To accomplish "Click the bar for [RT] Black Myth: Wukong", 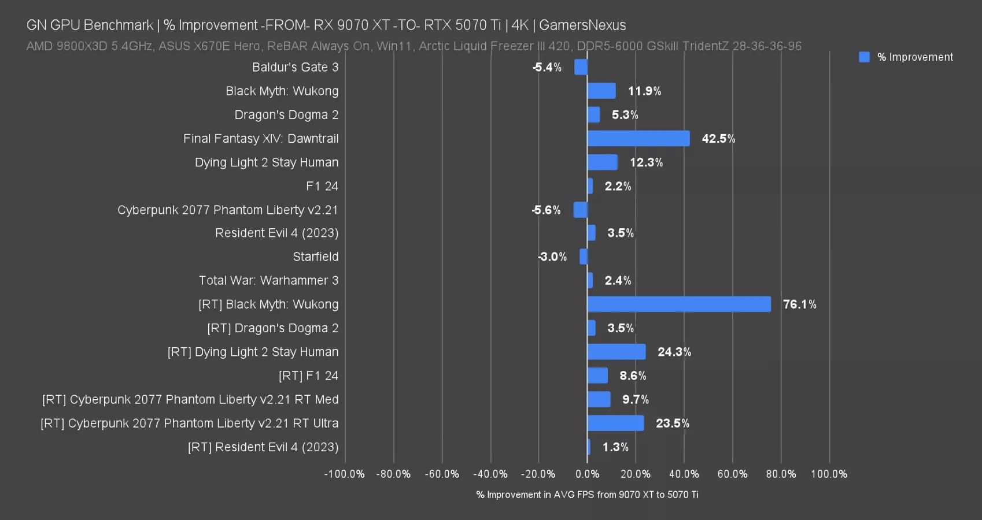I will pos(678,304).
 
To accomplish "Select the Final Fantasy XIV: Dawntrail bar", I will pos(638,139).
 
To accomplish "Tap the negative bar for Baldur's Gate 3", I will pos(581,67).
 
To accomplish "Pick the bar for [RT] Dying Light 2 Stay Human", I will pos(616,352).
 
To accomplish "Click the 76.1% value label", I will pos(799,304).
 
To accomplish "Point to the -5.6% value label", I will pos(546,210).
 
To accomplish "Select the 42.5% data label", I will pos(718,139).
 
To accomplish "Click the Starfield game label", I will pos(315,257).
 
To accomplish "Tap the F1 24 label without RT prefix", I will pos(322,186).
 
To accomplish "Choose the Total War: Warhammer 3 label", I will pos(268,280).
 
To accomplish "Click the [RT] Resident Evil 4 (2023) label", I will pos(263,447).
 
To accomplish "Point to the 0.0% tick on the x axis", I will pos(587,474).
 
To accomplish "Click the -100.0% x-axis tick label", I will pos(345,474).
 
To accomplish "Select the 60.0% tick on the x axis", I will pos(732,474).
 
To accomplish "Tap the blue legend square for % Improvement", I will pos(864,57).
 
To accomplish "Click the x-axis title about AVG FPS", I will pos(587,495).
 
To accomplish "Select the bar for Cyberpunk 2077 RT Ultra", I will pos(615,423).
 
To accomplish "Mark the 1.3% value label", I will pos(615,447).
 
